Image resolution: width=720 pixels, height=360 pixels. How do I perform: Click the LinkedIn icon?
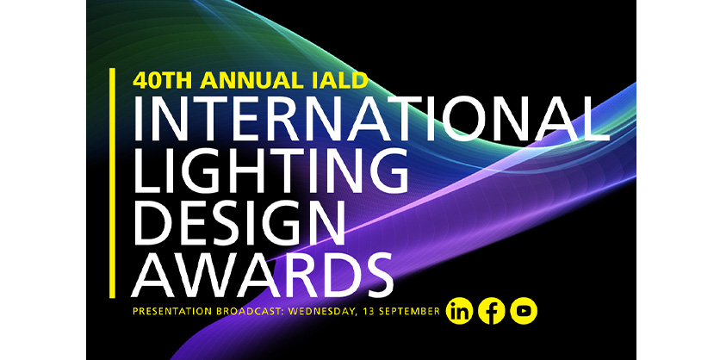tap(460, 311)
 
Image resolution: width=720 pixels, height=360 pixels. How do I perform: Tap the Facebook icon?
tap(492, 311)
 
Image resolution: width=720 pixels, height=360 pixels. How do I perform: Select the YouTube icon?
tap(524, 311)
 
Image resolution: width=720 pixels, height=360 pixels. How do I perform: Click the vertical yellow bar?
tap(113, 181)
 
